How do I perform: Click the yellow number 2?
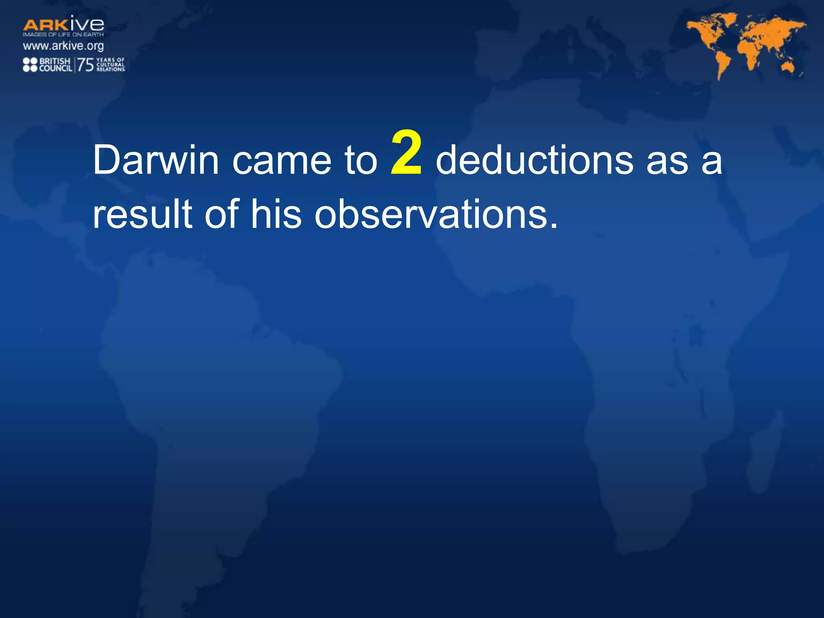pos(406,154)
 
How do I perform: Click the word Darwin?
pos(156,160)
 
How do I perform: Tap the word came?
pos(281,161)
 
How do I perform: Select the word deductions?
pos(535,160)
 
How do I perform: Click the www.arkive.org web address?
pos(63,46)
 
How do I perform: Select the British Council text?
pos(56,65)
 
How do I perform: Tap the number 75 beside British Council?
pos(85,65)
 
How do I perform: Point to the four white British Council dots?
pos(30,65)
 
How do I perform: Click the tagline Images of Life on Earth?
pos(63,35)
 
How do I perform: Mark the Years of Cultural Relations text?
pos(111,65)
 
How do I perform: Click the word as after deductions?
pos(667,161)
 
